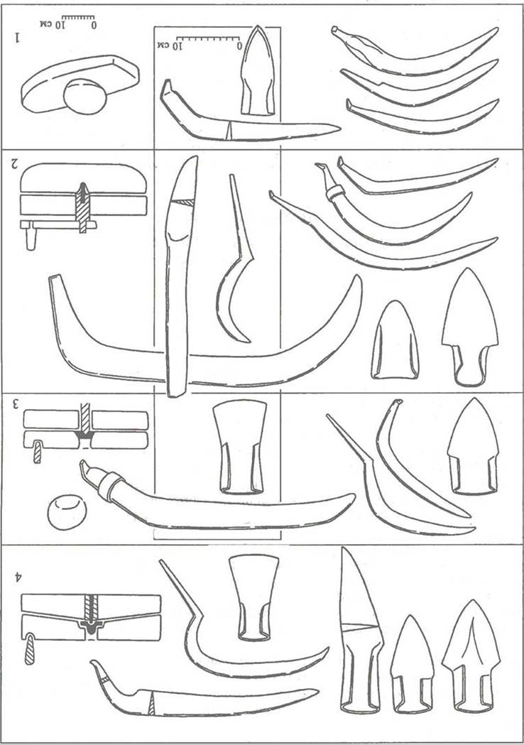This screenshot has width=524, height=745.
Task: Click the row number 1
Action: (x=18, y=38)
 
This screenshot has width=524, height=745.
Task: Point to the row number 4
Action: (x=18, y=577)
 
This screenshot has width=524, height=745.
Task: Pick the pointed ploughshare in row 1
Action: (x=258, y=70)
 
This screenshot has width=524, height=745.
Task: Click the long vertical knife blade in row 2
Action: (x=180, y=276)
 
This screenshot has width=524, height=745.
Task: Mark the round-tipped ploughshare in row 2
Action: (x=395, y=340)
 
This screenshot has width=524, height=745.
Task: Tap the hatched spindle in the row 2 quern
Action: (x=83, y=208)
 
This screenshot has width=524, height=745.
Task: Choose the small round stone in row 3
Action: (x=67, y=512)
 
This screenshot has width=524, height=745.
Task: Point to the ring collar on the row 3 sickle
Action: (x=111, y=487)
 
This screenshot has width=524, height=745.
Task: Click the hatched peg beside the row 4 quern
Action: (x=29, y=648)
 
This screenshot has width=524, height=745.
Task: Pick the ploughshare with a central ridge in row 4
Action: (x=471, y=656)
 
